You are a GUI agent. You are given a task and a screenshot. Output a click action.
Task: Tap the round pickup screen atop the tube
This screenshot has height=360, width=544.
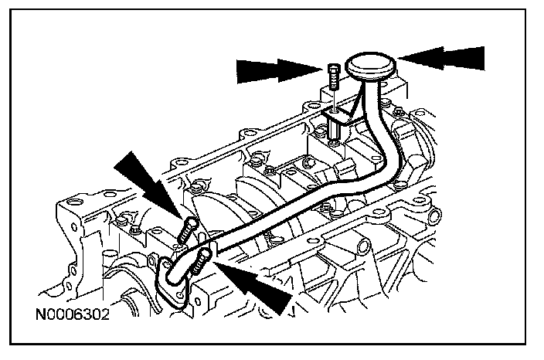[369, 65]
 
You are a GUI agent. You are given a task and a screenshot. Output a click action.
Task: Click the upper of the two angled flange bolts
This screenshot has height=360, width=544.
[188, 229]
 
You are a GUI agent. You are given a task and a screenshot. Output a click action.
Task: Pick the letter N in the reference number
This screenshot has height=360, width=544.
[39, 316]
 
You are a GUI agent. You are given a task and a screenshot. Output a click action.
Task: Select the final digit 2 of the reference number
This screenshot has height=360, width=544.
[105, 316]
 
